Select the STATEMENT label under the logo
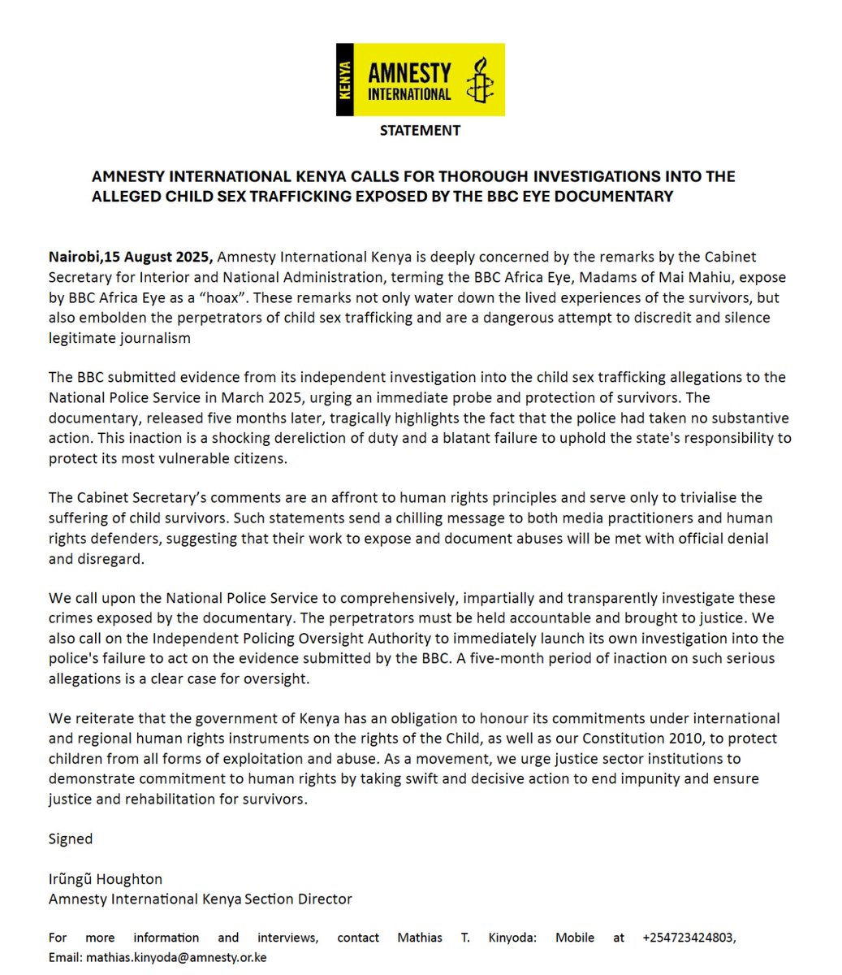(420, 130)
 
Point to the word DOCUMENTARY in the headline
(615, 196)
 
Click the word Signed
(71, 838)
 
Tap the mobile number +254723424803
(689, 938)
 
